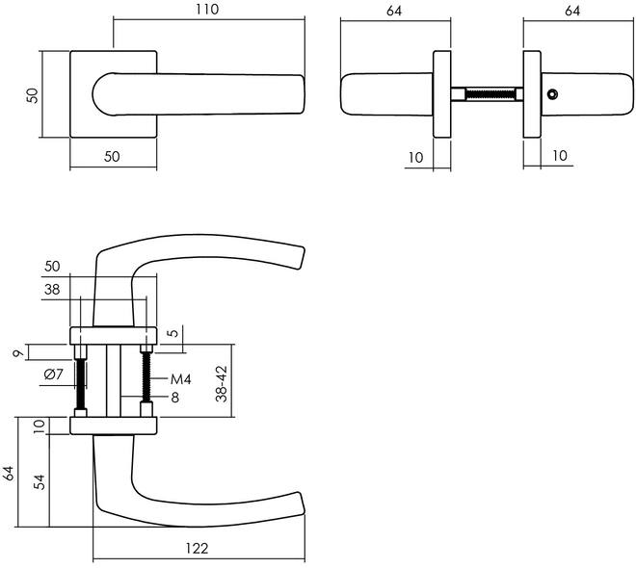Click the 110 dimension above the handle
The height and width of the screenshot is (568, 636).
[207, 9]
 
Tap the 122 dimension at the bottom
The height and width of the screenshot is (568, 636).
[197, 548]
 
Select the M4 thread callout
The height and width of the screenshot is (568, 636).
[180, 379]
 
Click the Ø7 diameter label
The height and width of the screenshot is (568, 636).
[54, 374]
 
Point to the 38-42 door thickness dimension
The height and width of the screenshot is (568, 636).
[222, 383]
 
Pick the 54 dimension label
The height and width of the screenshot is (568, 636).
[39, 481]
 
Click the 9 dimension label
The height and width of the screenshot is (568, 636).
[18, 353]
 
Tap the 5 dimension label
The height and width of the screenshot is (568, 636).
[173, 333]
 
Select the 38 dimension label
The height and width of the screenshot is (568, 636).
[52, 289]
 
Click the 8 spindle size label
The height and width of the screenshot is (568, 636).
[174, 398]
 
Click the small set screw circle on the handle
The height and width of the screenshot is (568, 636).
[552, 94]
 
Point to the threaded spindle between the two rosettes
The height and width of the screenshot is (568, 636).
[487, 94]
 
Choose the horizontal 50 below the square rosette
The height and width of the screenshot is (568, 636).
[112, 156]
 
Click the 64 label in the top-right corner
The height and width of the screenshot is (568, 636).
[572, 11]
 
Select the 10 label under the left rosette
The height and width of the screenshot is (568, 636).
[415, 157]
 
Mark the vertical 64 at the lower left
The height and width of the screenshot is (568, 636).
[8, 474]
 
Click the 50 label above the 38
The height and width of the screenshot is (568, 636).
[52, 266]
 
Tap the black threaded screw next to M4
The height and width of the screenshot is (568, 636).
[146, 376]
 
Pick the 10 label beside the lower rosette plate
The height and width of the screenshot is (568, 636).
[39, 426]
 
